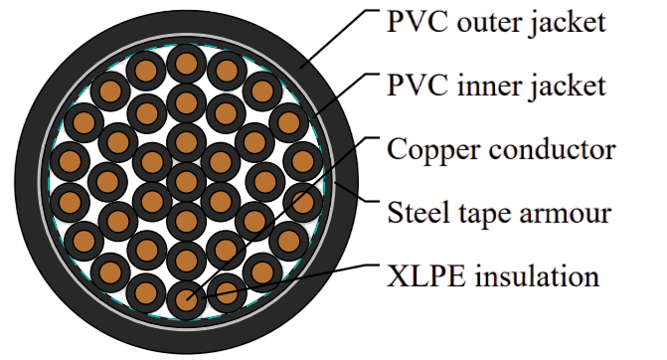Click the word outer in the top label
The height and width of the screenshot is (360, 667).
point(489,23)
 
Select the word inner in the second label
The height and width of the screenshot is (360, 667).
point(488,86)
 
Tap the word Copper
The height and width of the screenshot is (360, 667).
point(433,151)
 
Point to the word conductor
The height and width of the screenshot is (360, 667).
point(552,150)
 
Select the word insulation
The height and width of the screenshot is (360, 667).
point(537,275)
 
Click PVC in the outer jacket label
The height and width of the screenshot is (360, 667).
point(417,22)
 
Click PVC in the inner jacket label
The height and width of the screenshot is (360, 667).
point(417,86)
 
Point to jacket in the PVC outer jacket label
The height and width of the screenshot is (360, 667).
point(568,24)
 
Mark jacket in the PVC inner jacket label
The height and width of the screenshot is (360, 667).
point(568,88)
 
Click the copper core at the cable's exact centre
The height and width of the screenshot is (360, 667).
point(186,182)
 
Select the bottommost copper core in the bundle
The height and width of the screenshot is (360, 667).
point(186,300)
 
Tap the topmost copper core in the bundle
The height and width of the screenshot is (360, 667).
point(186,64)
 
